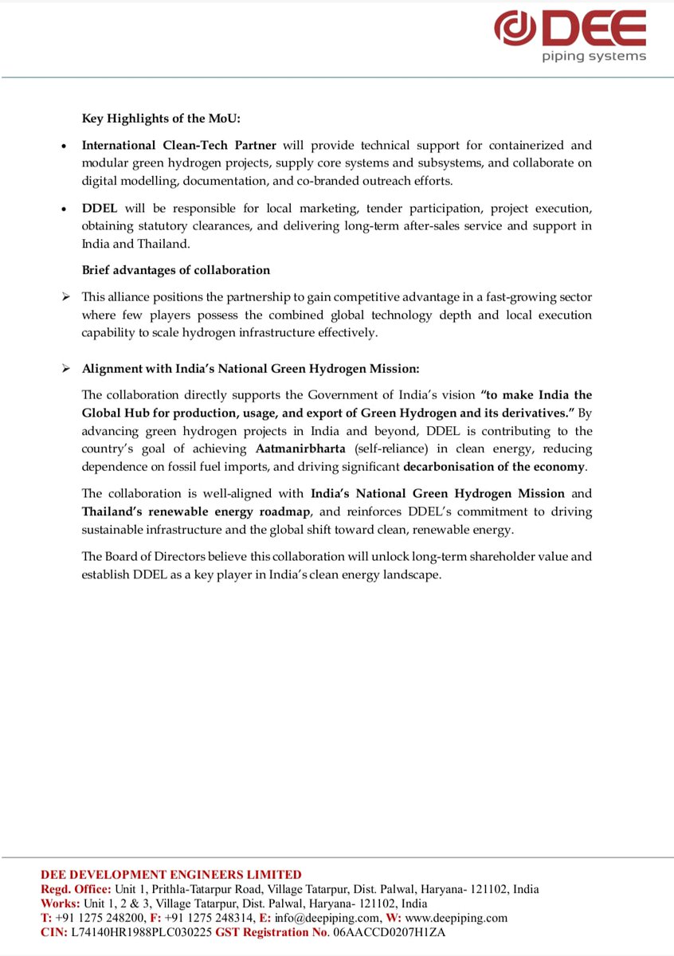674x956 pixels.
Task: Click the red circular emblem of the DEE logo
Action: [x=517, y=29]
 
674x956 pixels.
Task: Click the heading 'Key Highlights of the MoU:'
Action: [x=161, y=119]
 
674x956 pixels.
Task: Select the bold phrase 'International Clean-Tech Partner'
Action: [x=179, y=146]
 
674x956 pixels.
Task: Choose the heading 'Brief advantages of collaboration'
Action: [x=175, y=270]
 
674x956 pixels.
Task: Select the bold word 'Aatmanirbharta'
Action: [x=300, y=449]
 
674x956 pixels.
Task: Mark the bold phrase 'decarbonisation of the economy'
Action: [x=495, y=467]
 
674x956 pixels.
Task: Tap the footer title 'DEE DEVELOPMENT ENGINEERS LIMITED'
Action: [x=171, y=875]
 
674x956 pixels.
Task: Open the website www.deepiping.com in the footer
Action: [x=456, y=918]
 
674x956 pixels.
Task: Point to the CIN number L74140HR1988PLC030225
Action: [x=142, y=932]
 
